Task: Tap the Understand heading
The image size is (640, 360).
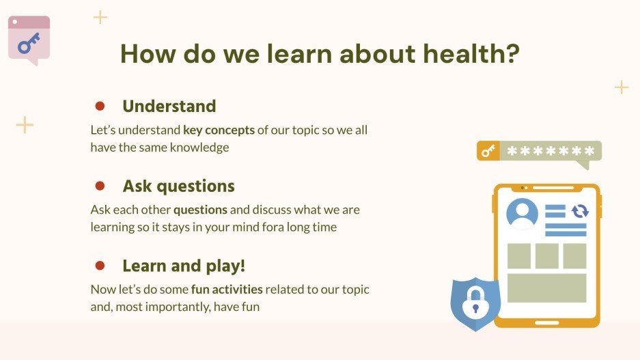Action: pyautogui.click(x=169, y=106)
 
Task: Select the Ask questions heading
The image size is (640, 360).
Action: pyautogui.click(x=179, y=186)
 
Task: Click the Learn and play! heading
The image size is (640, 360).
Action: pyautogui.click(x=184, y=266)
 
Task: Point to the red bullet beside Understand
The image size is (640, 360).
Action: pyautogui.click(x=100, y=106)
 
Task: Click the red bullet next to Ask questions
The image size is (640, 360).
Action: pyautogui.click(x=100, y=186)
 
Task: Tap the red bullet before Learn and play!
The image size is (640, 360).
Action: pyautogui.click(x=100, y=266)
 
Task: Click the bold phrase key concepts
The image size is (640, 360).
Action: pyautogui.click(x=219, y=130)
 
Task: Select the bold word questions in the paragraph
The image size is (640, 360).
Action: pyautogui.click(x=200, y=210)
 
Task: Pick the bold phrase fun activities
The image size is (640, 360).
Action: pyautogui.click(x=227, y=290)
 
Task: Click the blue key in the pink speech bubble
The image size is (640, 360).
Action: pyautogui.click(x=29, y=43)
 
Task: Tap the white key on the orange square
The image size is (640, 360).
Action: pyautogui.click(x=488, y=151)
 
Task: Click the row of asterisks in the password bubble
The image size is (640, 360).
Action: pyautogui.click(x=551, y=151)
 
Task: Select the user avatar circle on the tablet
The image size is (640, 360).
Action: pyautogui.click(x=522, y=213)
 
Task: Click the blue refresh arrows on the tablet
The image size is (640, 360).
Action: pyautogui.click(x=580, y=211)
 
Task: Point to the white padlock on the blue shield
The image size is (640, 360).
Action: pyautogui.click(x=475, y=303)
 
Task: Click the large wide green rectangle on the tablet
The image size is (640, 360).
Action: pyautogui.click(x=546, y=288)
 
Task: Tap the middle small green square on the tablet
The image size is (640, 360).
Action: pyautogui.click(x=547, y=256)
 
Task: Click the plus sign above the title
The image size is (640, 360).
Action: pyautogui.click(x=100, y=17)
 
